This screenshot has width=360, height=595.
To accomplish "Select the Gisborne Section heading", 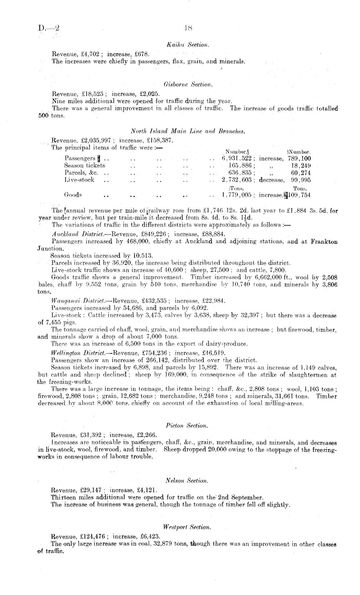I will tap(188, 85).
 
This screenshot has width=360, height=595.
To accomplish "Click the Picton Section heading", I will tap(186, 426).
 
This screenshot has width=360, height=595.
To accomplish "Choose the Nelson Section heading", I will tap(186, 481).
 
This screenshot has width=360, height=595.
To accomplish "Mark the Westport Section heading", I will tap(187, 527).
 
